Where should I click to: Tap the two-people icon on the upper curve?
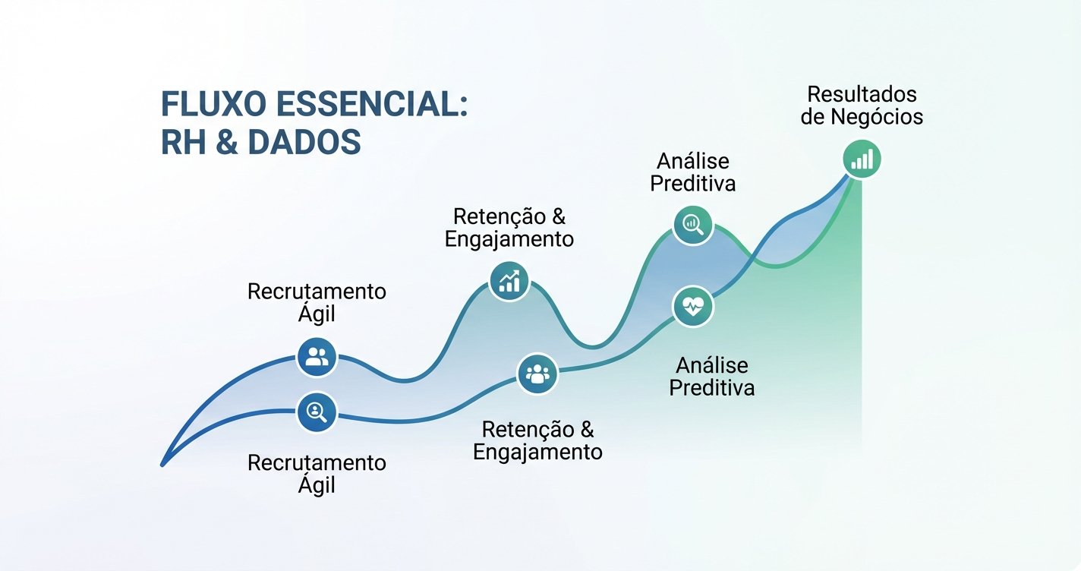point(317,356)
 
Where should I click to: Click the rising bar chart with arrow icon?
point(509,281)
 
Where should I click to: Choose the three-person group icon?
point(537,374)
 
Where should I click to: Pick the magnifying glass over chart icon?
point(693,225)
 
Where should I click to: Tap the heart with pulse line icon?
point(693,307)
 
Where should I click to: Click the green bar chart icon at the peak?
point(862,160)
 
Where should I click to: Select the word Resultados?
point(862,94)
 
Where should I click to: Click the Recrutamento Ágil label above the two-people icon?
point(317,302)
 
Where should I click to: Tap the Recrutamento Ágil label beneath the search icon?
point(317,473)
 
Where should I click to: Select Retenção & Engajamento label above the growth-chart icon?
point(509,227)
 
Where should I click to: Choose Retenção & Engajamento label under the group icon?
point(537,440)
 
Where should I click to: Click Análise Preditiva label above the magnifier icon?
point(693,172)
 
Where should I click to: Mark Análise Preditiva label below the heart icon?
point(711,376)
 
